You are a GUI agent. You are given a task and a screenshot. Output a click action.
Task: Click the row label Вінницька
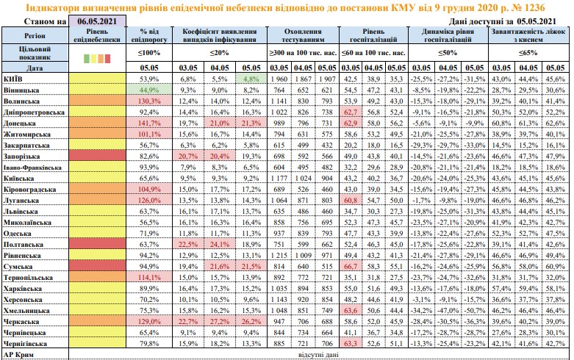[23, 89]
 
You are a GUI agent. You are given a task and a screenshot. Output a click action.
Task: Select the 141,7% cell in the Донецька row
[149, 124]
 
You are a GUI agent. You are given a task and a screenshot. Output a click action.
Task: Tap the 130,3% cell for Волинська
[149, 101]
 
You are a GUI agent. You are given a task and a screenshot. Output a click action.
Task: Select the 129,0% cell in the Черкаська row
[149, 321]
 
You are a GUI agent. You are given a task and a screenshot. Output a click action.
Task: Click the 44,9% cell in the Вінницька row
[149, 89]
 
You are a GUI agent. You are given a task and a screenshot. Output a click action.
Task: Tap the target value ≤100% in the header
[149, 54]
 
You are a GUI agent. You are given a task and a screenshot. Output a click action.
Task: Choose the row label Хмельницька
[27, 309]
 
